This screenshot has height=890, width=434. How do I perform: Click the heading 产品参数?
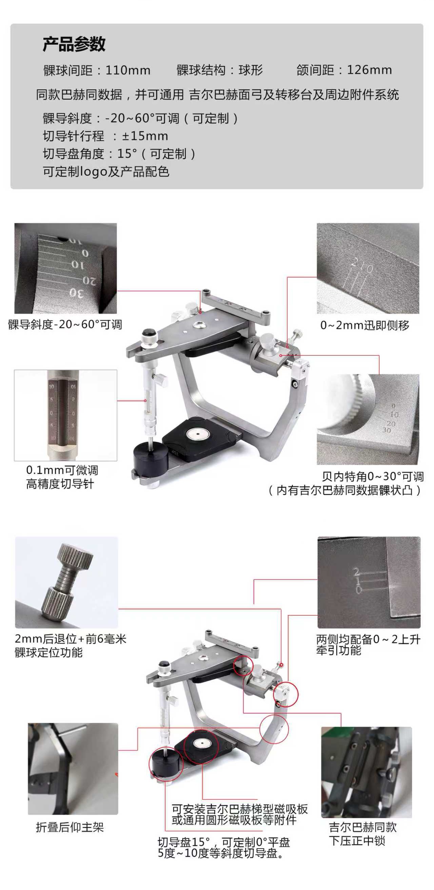click(x=74, y=44)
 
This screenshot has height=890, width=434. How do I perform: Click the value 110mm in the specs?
click(x=128, y=70)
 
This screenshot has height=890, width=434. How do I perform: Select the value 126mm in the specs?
click(x=369, y=70)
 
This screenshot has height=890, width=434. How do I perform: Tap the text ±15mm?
click(x=145, y=136)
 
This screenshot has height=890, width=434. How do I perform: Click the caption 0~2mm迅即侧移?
click(x=364, y=325)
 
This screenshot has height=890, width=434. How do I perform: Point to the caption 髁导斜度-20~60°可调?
click(x=65, y=324)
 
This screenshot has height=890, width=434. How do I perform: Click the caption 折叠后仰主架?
click(x=70, y=827)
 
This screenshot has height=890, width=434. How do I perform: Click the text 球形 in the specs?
click(x=251, y=70)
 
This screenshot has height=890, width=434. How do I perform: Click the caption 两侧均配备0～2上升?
click(x=369, y=639)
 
